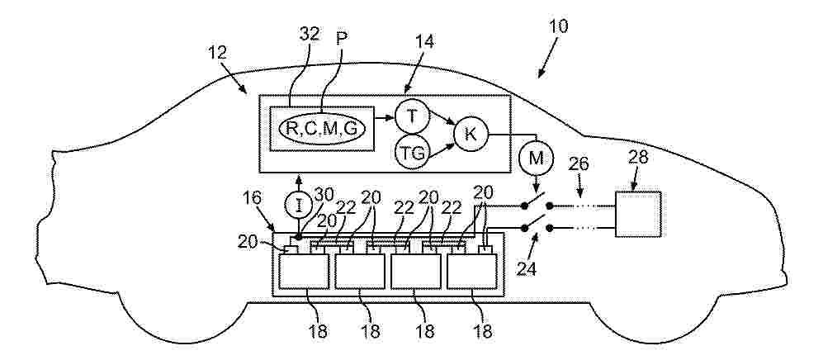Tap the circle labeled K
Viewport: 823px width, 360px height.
(471, 134)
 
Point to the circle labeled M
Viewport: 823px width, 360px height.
(536, 159)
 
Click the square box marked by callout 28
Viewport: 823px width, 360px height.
(638, 214)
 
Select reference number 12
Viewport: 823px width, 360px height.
(217, 53)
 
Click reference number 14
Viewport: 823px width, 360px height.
(424, 41)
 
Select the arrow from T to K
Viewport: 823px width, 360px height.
(441, 116)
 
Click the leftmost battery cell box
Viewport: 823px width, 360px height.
(304, 272)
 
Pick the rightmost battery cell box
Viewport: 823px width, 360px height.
(472, 272)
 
